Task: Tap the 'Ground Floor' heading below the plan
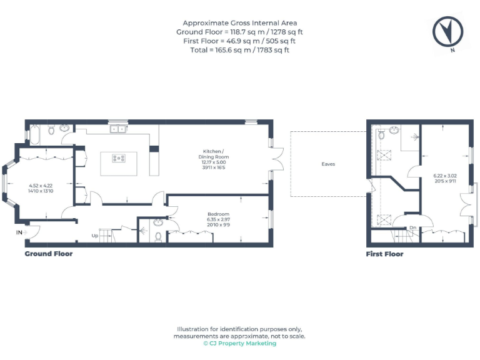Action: tap(48, 254)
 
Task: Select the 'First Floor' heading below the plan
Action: tap(384, 254)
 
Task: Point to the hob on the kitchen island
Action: tap(118, 158)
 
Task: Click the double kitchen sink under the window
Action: tap(116, 130)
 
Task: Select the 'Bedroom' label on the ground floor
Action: tap(218, 214)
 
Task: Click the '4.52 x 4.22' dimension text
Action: tap(41, 186)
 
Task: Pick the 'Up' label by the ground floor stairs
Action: tap(94, 236)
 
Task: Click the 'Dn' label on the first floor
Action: tap(412, 228)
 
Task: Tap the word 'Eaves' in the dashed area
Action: tap(328, 164)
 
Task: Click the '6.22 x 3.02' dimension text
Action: tap(445, 176)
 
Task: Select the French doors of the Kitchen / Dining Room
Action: tap(277, 157)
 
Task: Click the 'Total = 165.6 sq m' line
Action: tap(240, 50)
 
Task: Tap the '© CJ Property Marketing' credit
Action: tap(240, 343)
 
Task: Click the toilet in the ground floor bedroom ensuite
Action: tap(158, 237)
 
